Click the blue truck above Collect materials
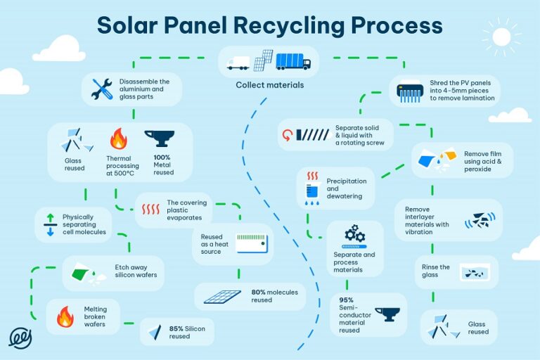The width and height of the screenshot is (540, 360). tap(293, 63)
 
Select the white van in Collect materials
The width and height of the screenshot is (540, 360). tap(238, 63)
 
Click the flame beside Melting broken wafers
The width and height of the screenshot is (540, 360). tap(65, 316)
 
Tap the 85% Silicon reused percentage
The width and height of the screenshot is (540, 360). tap(176, 328)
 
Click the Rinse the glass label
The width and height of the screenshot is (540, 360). tap(435, 271)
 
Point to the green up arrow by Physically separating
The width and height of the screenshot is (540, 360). tap(49, 218)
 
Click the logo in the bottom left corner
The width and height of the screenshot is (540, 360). tap(20, 337)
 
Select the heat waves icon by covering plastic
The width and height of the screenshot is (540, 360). tap(150, 209)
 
